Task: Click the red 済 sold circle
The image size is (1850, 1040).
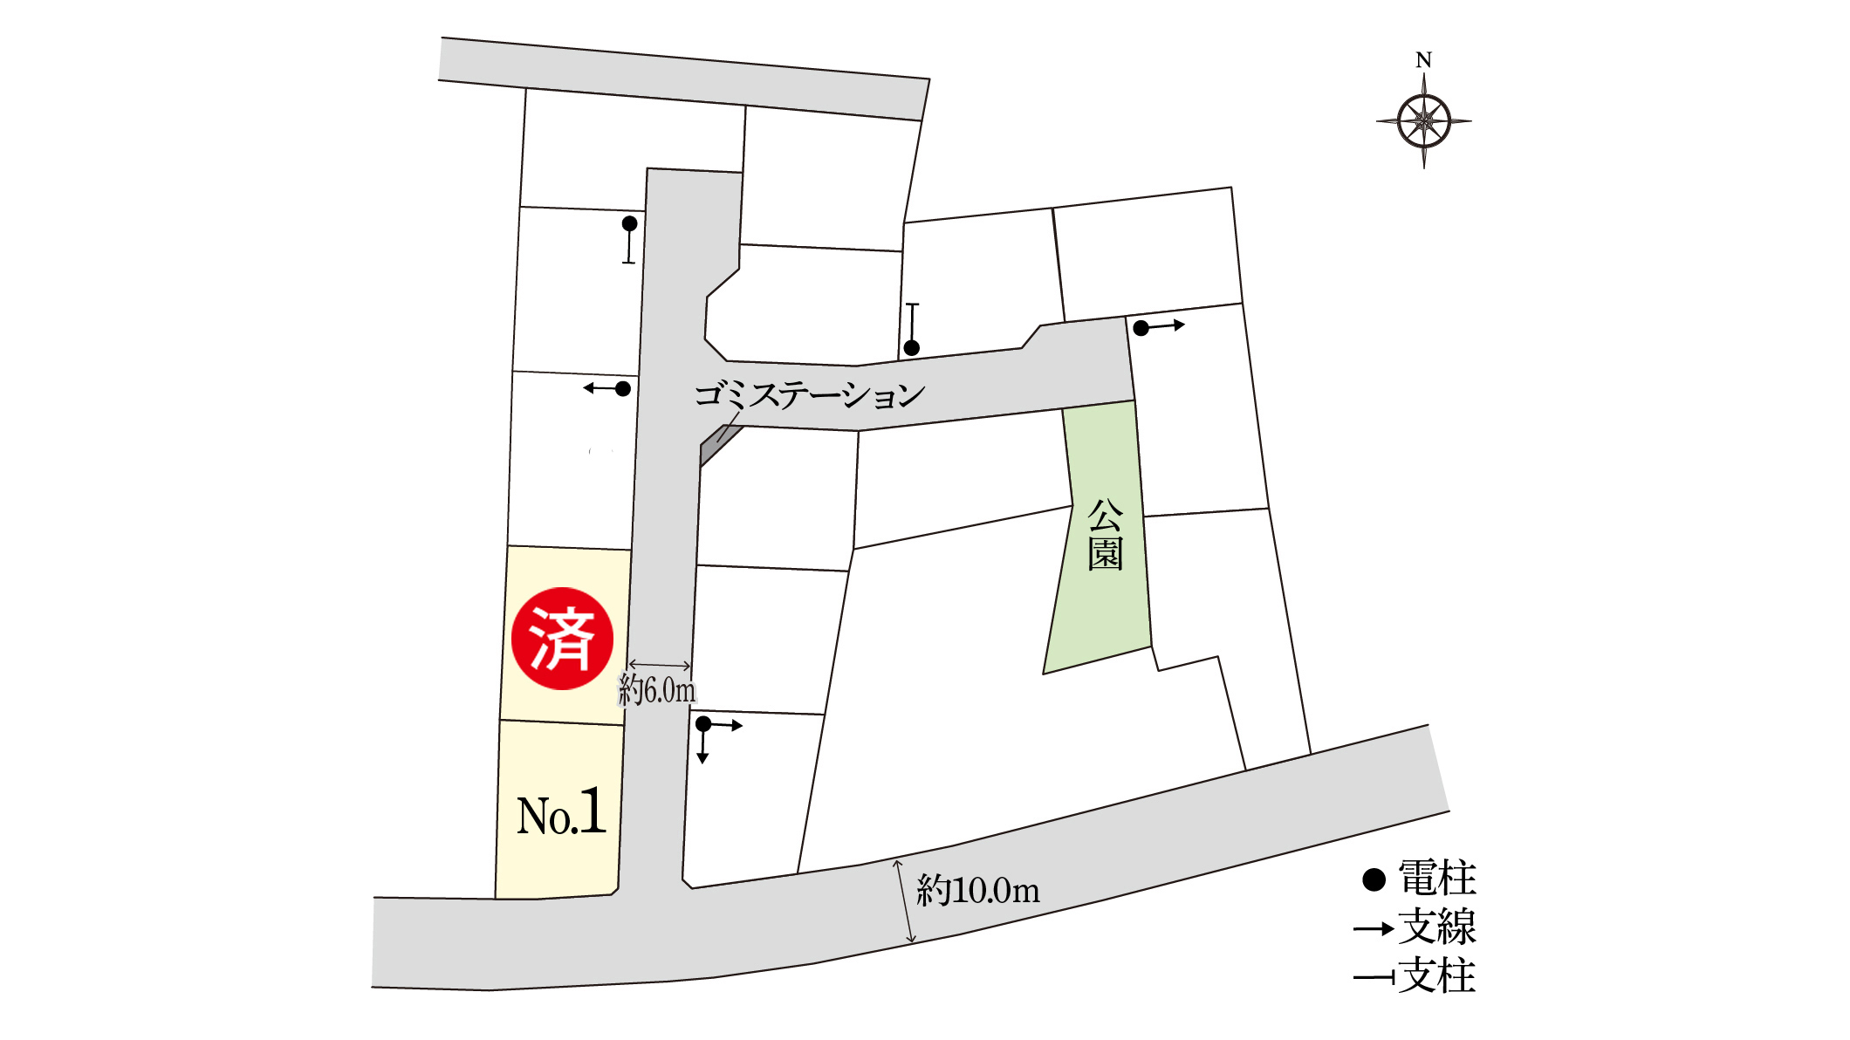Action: pyautogui.click(x=562, y=639)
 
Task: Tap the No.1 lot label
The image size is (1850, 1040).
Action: pyautogui.click(x=561, y=813)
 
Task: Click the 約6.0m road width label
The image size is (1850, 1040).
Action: pyautogui.click(x=657, y=690)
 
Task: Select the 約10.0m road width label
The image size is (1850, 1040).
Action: pyautogui.click(x=978, y=890)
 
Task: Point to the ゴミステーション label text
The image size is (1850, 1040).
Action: pyautogui.click(x=809, y=394)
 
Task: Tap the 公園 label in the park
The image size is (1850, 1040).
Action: pyautogui.click(x=1105, y=534)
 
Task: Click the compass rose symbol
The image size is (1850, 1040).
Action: pyautogui.click(x=1423, y=121)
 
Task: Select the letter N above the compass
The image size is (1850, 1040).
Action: pyautogui.click(x=1423, y=60)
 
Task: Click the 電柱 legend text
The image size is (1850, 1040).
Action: pyautogui.click(x=1437, y=878)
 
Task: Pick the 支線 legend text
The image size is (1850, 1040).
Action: pyautogui.click(x=1437, y=927)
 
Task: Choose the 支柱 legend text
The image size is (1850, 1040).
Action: pyautogui.click(x=1437, y=975)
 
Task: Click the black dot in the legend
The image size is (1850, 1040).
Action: pyautogui.click(x=1374, y=879)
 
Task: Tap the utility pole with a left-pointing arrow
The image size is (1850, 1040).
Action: pyautogui.click(x=622, y=388)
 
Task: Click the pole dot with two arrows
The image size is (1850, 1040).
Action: pyautogui.click(x=703, y=724)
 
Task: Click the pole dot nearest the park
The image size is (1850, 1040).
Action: pyautogui.click(x=1141, y=328)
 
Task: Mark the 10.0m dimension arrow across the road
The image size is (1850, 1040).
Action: pyautogui.click(x=904, y=901)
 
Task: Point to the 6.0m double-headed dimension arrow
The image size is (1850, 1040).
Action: pyautogui.click(x=660, y=666)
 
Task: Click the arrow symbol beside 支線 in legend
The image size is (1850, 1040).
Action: pyautogui.click(x=1374, y=928)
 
